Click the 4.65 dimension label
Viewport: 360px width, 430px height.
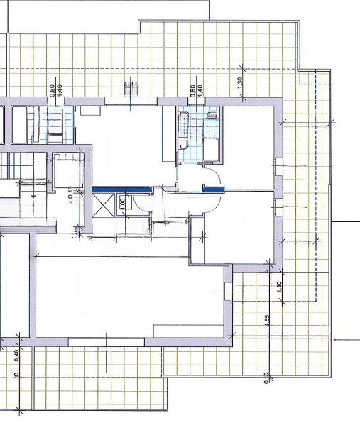(267, 319)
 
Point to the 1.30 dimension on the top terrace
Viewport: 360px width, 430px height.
(241, 81)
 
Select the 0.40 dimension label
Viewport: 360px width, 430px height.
(16, 354)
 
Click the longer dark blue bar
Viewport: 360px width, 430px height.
(121, 189)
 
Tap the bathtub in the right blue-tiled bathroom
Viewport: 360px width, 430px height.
(185, 130)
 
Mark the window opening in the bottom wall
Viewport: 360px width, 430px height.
(107, 343)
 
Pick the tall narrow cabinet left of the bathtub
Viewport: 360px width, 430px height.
(168, 136)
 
